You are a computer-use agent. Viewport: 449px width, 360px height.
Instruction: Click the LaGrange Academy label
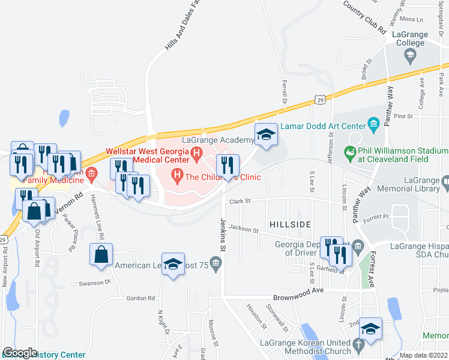[x=218, y=140]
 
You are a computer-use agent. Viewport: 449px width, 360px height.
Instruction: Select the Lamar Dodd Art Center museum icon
[x=373, y=125]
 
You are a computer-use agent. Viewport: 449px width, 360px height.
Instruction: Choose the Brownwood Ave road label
[x=298, y=290]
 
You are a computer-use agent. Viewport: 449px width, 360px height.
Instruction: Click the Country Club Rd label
[x=364, y=18]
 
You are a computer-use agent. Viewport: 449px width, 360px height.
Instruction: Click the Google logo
[x=20, y=353]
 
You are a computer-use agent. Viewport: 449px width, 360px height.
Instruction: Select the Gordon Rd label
[x=140, y=298]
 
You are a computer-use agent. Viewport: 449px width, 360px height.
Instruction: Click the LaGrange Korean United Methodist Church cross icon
[x=359, y=345]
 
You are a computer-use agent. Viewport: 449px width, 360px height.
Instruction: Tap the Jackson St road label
[x=243, y=229]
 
